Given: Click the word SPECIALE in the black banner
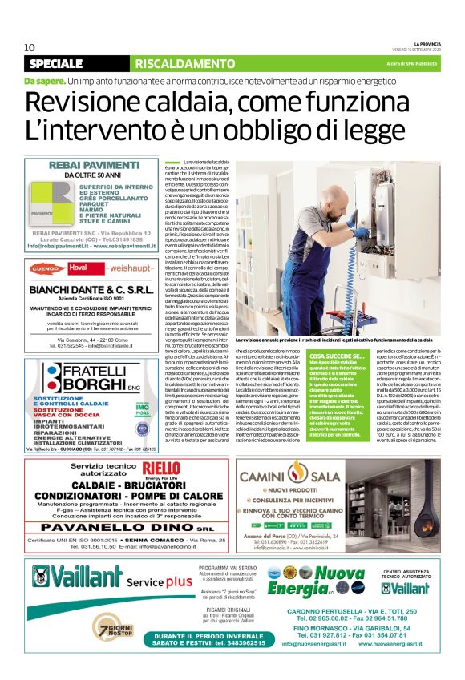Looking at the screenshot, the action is [x=55, y=63].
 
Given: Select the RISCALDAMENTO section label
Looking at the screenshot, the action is [x=173, y=63].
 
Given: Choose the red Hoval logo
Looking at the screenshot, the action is [x=78, y=268].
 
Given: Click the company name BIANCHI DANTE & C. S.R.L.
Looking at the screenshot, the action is [x=91, y=289].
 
